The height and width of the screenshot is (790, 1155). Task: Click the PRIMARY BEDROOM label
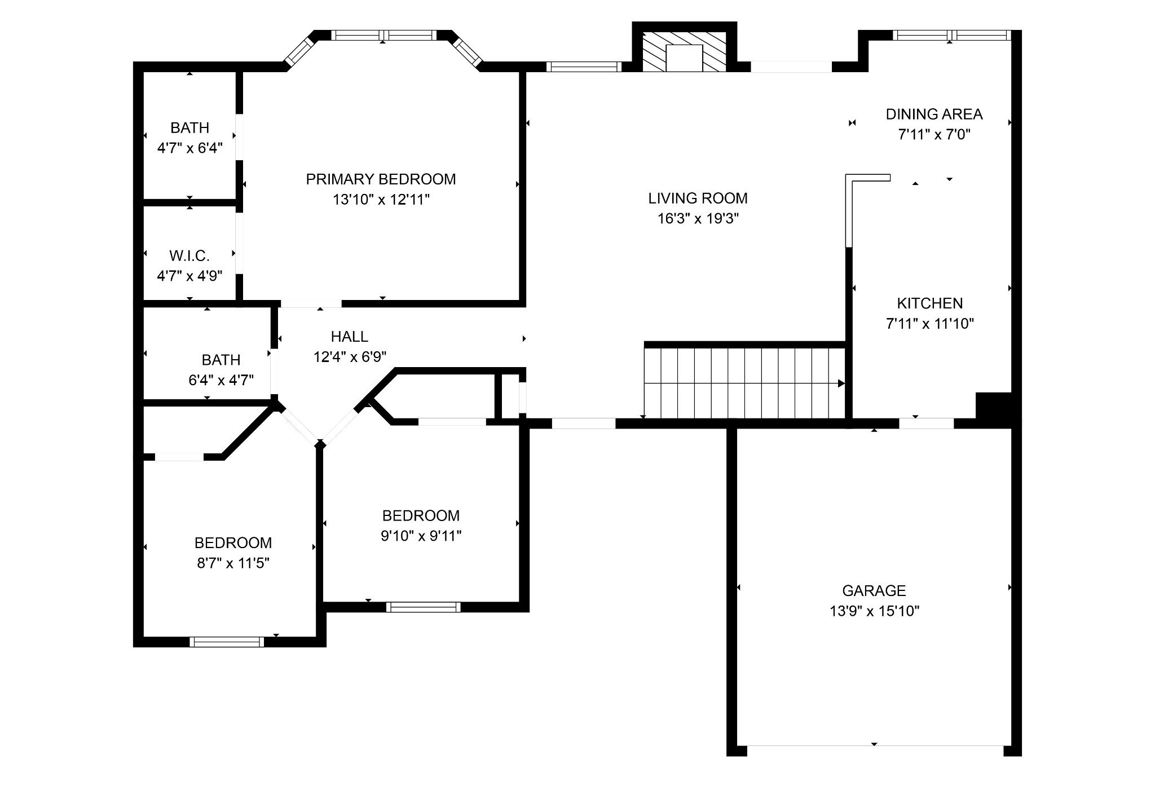click(x=381, y=179)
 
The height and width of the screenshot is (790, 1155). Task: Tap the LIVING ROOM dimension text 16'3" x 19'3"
click(x=698, y=219)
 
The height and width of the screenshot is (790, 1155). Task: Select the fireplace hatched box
click(x=685, y=51)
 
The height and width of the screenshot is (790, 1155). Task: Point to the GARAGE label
click(x=874, y=590)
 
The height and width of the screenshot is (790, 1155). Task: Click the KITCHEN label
click(x=930, y=303)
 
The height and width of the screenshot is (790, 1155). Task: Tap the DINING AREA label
click(x=934, y=114)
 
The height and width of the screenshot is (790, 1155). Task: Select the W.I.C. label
click(x=189, y=256)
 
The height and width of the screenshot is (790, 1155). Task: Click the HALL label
click(x=350, y=337)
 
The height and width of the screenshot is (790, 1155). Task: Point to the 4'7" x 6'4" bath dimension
click(x=189, y=148)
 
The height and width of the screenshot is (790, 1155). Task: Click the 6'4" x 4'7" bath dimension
click(x=221, y=380)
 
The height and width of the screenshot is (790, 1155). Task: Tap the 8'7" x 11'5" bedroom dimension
click(x=233, y=563)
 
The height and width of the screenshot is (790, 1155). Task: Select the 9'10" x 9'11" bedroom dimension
click(x=421, y=536)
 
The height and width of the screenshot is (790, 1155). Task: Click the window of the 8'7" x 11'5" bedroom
click(x=227, y=641)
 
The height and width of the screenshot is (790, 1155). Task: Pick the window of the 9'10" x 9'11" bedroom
click(x=424, y=607)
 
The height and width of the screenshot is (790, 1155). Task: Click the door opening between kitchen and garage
click(x=926, y=423)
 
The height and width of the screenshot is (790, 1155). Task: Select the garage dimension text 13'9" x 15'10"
click(x=874, y=611)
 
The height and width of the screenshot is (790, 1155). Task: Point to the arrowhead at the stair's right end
click(x=841, y=383)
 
